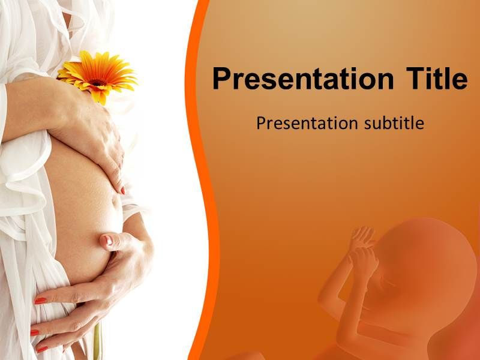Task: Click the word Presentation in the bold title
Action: click(x=303, y=79)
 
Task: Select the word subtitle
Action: click(x=394, y=123)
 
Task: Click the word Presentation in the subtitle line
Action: click(x=307, y=124)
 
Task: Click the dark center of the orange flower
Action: click(x=97, y=82)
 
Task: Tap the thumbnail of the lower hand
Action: click(x=107, y=239)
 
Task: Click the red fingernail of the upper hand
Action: click(x=123, y=190)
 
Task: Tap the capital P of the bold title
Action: click(x=221, y=79)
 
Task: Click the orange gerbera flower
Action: click(x=97, y=77)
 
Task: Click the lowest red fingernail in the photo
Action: click(x=42, y=349)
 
